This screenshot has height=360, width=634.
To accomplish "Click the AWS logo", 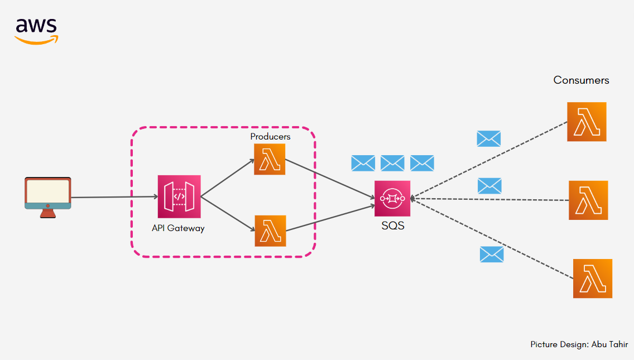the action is pos(36,31).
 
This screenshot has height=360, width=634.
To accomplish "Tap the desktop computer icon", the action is pos(47,198).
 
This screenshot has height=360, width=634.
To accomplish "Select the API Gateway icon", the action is pos(179,196).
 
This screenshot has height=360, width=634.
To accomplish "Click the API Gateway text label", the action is pos(179,228).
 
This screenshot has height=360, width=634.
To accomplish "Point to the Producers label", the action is pos(270,137).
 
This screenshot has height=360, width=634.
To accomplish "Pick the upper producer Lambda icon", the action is pos(270,160).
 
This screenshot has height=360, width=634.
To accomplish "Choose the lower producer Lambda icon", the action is pos(271,231).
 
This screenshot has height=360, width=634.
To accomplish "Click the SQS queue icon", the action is pos(392,199).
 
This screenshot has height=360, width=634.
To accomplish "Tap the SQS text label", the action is pos(393,225).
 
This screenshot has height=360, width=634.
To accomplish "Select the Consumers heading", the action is pos(581,80).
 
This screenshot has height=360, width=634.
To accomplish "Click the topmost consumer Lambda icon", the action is pos(587,122).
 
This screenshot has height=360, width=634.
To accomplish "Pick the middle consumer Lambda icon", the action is pos(588,200).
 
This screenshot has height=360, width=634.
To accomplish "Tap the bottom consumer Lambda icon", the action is pos(593,279).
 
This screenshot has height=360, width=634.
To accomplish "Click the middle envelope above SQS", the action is pos(392,163).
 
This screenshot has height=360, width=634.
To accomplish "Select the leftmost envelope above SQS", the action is pos(363,163).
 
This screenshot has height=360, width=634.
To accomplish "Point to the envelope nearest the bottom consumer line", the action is pos(492,255).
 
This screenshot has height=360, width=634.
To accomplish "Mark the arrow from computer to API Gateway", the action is pos(114,197).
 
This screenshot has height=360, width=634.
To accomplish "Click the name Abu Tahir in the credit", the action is pos(610,344).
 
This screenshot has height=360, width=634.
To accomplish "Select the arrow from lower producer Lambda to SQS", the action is pos(330,218).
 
